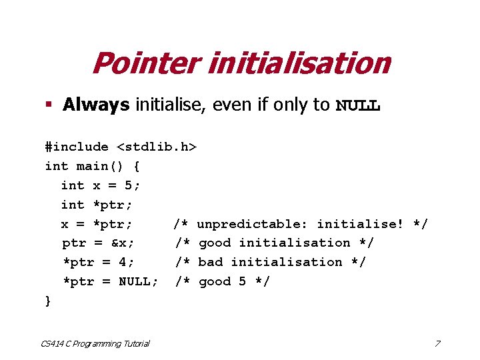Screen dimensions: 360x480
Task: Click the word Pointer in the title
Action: click(x=145, y=64)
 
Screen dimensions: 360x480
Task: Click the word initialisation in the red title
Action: click(x=298, y=64)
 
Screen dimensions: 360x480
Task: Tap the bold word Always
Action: click(x=96, y=105)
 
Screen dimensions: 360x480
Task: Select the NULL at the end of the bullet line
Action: click(x=358, y=105)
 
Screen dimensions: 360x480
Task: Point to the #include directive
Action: click(x=77, y=147)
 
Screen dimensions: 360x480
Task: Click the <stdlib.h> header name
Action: click(x=157, y=147)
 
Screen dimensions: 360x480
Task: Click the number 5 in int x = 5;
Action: click(x=129, y=185)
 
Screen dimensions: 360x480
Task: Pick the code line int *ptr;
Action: click(x=100, y=205)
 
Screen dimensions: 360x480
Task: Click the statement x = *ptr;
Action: click(x=97, y=224)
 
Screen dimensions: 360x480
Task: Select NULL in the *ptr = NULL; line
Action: click(x=137, y=281)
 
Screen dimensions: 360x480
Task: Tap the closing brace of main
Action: click(x=48, y=301)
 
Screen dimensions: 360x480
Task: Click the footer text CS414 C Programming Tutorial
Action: click(x=95, y=343)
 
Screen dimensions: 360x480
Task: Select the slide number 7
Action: click(x=437, y=343)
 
